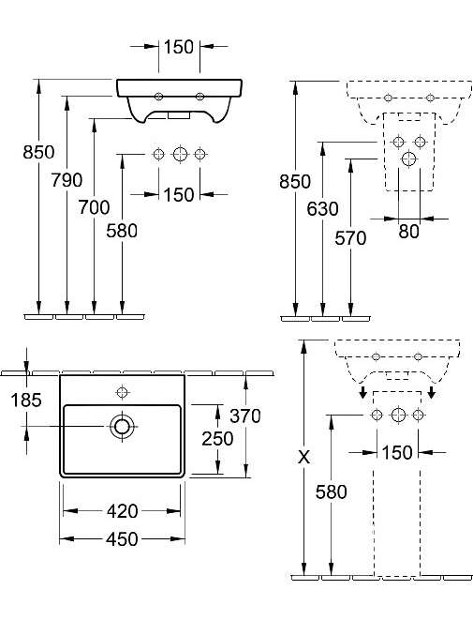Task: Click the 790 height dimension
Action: pos(67,180)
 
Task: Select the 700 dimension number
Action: pos(94,207)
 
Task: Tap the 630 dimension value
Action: pos(322,209)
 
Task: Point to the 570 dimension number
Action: pos(350,238)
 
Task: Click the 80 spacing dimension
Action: pos(408,232)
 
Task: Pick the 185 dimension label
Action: pos(26,401)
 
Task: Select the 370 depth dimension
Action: pos(245,416)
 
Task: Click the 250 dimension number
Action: pos(217,439)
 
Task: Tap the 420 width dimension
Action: pos(122,511)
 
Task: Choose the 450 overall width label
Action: pos(122,539)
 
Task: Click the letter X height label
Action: pos(303,458)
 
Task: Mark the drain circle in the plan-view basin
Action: pos(122,426)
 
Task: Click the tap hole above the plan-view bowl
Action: pos(123,392)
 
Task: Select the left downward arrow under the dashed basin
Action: pos(363,392)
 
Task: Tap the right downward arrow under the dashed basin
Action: pos(432,392)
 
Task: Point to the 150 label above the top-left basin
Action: pos(179,47)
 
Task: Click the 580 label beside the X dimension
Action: pos(331,491)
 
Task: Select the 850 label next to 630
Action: pos(295,181)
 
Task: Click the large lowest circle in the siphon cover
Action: pos(408,159)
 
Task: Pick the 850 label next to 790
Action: pos(38,152)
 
